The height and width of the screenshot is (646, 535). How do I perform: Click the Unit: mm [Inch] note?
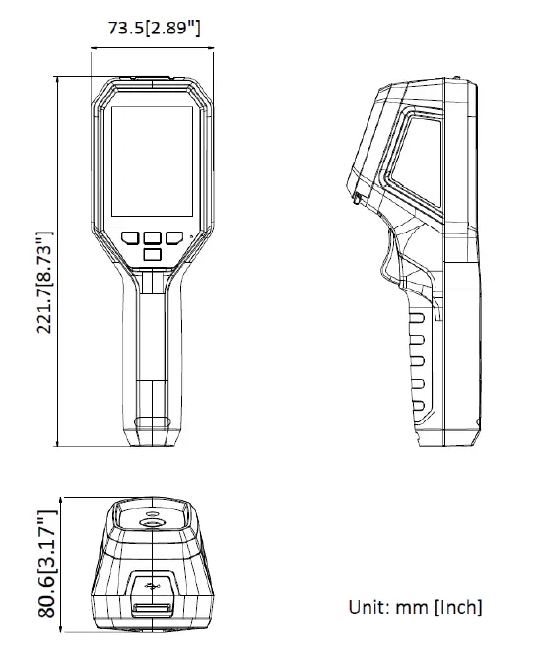[415, 607]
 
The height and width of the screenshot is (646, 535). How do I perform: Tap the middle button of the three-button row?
[152, 237]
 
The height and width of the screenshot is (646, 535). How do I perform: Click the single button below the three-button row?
[152, 255]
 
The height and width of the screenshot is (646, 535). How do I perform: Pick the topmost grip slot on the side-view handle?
[417, 318]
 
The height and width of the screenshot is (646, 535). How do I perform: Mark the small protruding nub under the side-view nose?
[354, 202]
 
